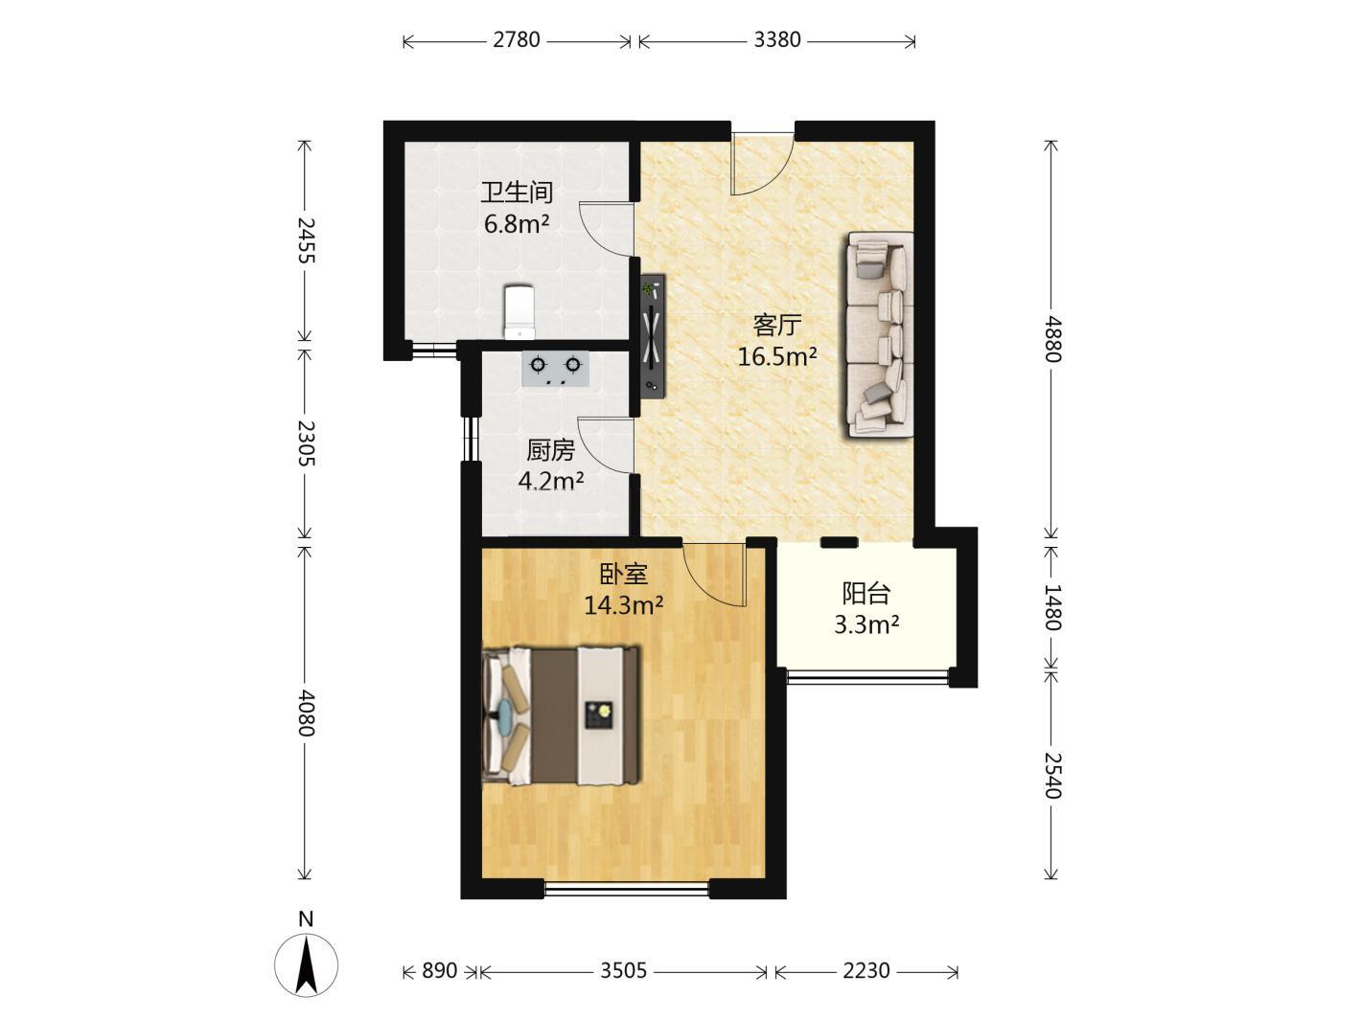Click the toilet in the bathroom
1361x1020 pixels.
519,312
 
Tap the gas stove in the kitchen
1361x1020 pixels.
555,369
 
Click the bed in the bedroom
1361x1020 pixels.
561,716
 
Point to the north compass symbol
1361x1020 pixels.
306,964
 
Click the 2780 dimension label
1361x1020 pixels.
517,40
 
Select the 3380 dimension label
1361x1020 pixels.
777,40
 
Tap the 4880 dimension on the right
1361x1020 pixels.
1052,339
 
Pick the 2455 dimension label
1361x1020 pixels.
306,240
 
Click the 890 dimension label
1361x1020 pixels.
440,970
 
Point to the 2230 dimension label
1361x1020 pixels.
865,970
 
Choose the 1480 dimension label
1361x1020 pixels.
1052,607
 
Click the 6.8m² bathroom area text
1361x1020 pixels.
517,223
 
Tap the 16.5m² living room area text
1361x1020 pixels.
777,356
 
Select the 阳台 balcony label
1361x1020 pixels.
865,594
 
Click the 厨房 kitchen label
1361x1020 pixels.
550,450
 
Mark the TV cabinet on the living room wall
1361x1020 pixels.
653,335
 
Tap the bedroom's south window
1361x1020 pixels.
627,890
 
